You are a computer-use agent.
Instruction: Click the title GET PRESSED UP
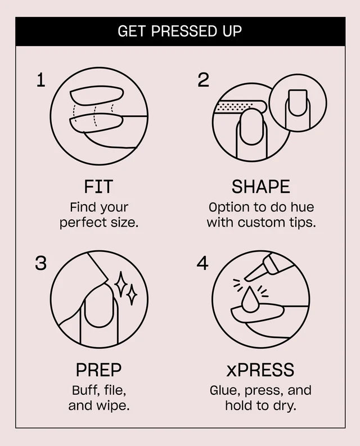[179, 31]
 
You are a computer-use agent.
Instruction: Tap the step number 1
[41, 80]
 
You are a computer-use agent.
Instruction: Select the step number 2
[203, 80]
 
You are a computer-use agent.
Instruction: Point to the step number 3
[40, 263]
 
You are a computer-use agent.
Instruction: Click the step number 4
[202, 263]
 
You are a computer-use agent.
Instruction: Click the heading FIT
[98, 187]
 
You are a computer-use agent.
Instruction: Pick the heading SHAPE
[260, 187]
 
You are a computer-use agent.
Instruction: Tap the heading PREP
[98, 370]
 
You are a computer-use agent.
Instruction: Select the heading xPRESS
[260, 370]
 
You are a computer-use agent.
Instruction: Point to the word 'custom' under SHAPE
[261, 222]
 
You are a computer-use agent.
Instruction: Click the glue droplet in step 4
[250, 299]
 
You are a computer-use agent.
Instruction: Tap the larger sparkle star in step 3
[121, 284]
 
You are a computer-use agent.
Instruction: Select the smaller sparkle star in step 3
[132, 295]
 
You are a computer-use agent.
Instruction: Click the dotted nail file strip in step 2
[234, 107]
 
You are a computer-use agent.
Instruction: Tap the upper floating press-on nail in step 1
[97, 96]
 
